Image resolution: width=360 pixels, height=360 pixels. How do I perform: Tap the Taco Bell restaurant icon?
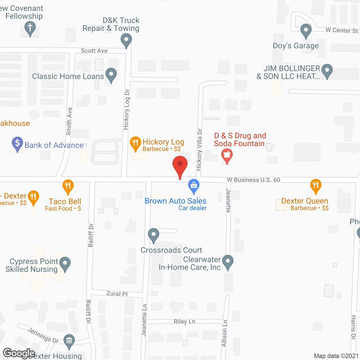tap(68, 186)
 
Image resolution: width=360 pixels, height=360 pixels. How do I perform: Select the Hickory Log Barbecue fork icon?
tap(135, 143)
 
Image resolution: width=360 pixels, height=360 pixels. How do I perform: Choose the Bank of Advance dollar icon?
tap(17, 144)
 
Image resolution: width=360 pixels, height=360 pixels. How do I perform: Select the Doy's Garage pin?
tap(306, 31)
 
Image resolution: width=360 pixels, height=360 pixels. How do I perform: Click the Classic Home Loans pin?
tap(111, 75)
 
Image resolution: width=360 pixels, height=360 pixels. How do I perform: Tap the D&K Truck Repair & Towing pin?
tap(126, 40)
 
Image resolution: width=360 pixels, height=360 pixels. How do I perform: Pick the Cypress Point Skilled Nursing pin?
tap(65, 264)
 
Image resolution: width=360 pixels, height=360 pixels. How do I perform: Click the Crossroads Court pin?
tap(154, 235)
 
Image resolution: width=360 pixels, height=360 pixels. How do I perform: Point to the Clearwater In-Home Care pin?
tap(228, 262)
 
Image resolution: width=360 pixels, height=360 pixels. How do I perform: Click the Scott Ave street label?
tap(94, 51)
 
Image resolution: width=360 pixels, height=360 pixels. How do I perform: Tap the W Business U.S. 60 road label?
tap(253, 180)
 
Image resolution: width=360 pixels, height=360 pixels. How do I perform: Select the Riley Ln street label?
tap(184, 321)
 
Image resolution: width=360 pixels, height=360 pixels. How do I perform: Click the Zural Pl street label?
tap(117, 294)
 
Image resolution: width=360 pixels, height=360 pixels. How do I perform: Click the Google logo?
tap(19, 353)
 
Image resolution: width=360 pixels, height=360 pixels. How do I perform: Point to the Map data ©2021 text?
tap(336, 356)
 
